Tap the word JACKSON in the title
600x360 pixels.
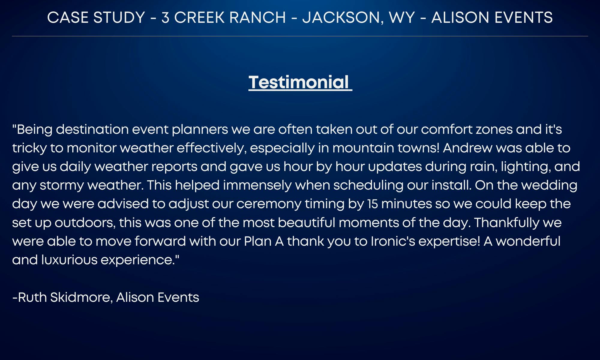click(x=343, y=17)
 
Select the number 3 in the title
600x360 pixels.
click(x=165, y=17)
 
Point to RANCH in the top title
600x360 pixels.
click(x=257, y=17)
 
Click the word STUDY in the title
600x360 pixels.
click(x=119, y=17)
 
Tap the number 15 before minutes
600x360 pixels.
click(x=372, y=204)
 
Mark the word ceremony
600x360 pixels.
click(x=269, y=204)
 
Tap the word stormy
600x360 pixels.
click(x=62, y=185)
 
